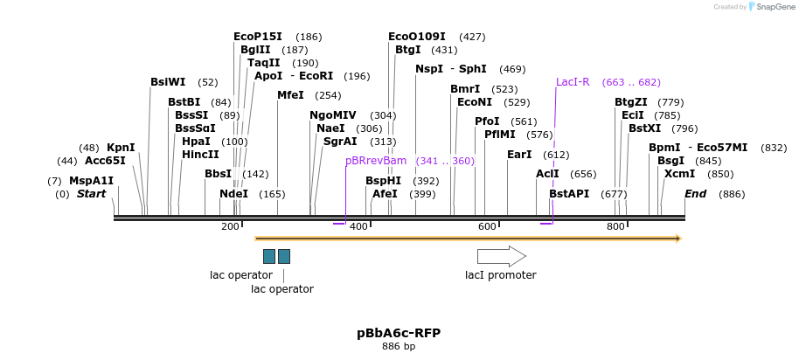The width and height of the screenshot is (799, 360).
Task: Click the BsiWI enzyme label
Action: click(168, 82)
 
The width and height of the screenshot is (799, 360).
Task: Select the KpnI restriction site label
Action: click(121, 148)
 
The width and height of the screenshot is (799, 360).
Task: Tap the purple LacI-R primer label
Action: click(573, 82)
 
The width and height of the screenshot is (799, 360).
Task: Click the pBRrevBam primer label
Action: click(376, 161)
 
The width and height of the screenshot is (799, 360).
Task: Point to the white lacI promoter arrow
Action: click(501, 256)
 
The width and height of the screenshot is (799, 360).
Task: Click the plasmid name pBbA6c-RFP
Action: click(399, 333)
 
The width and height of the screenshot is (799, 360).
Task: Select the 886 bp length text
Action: click(399, 347)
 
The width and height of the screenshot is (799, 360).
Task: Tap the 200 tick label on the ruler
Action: click(230, 227)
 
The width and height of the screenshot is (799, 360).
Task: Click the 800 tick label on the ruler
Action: click(615, 227)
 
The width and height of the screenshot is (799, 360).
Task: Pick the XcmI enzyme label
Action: click(679, 174)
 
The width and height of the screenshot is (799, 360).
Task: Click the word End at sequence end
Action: click(695, 194)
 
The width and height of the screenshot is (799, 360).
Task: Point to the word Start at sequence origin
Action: click(91, 194)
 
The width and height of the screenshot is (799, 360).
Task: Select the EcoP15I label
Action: click(258, 37)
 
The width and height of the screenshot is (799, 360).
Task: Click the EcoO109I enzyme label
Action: click(416, 37)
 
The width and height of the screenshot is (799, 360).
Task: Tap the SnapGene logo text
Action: click(770, 7)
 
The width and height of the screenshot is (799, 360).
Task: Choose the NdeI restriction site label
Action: click(234, 194)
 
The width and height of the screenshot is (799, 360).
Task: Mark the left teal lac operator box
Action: click(269, 256)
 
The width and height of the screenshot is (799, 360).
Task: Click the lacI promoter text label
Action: click(500, 275)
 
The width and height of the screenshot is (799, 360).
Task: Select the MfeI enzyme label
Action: click(290, 95)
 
